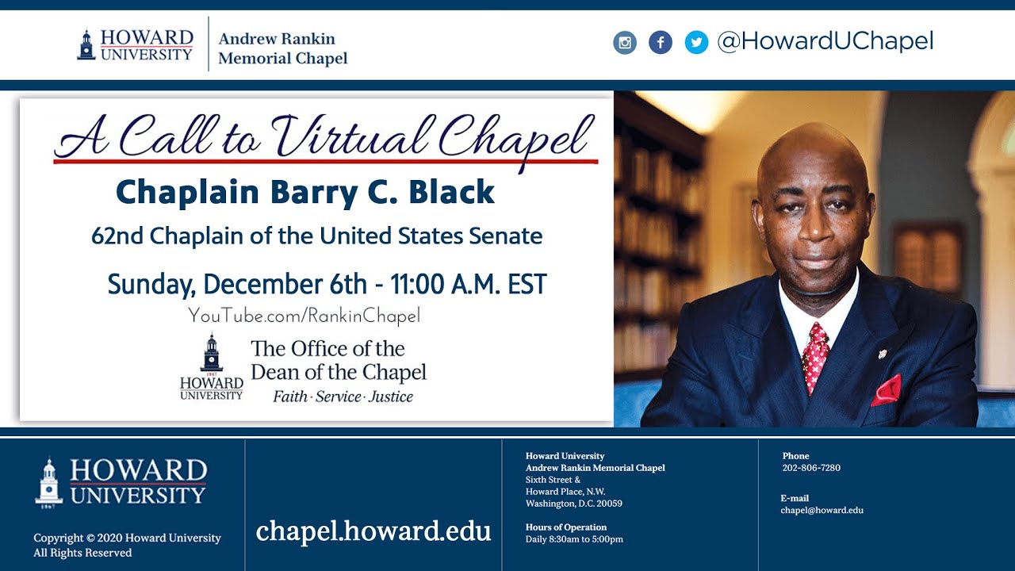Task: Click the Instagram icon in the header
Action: (x=625, y=42)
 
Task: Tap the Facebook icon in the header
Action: (x=661, y=42)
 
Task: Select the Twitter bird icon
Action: (x=696, y=42)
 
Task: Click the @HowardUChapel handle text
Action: (x=825, y=41)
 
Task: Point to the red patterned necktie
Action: (x=815, y=356)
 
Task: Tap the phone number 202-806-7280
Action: (x=811, y=468)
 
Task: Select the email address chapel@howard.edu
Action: (x=822, y=510)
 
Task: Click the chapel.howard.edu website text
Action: (x=373, y=531)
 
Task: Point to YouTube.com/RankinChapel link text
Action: (x=304, y=316)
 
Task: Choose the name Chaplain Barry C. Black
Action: (x=305, y=193)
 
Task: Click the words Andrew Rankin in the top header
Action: (x=277, y=39)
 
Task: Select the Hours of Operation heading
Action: (x=566, y=527)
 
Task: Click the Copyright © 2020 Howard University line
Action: (x=127, y=538)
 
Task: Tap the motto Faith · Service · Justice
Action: (x=343, y=397)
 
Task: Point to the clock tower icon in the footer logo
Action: (x=48, y=481)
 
